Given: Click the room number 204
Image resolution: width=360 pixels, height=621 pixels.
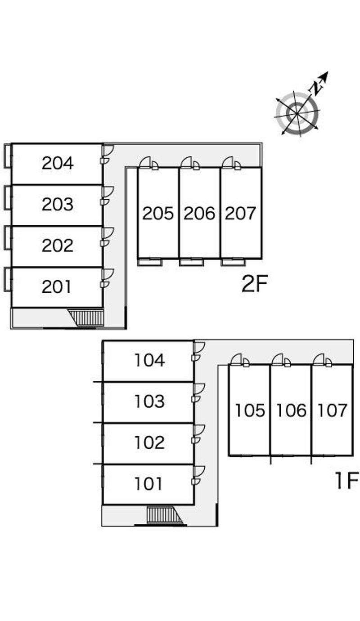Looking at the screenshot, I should [58, 163].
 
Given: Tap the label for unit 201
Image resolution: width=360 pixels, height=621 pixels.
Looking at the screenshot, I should [57, 286].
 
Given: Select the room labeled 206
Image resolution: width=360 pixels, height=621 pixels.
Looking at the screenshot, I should [199, 213].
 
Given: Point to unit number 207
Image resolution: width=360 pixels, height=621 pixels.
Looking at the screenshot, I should [240, 213].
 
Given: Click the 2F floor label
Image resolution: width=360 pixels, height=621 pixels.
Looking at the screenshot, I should [255, 284].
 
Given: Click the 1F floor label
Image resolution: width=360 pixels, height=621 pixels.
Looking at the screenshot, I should [346, 481].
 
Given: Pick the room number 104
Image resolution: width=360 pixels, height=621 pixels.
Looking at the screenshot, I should [149, 360].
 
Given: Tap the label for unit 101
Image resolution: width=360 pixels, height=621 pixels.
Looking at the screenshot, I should [148, 484].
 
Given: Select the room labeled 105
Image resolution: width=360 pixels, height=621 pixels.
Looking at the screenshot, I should [250, 410].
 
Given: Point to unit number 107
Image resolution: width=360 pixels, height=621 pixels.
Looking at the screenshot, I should [333, 410].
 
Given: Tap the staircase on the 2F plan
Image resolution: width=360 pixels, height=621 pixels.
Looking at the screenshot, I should [89, 317].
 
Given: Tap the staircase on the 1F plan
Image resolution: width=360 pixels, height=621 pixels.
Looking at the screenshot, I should [164, 515].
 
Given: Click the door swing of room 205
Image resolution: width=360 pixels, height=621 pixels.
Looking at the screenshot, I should [146, 163].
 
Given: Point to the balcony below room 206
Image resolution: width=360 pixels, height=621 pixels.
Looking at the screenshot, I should [191, 262].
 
